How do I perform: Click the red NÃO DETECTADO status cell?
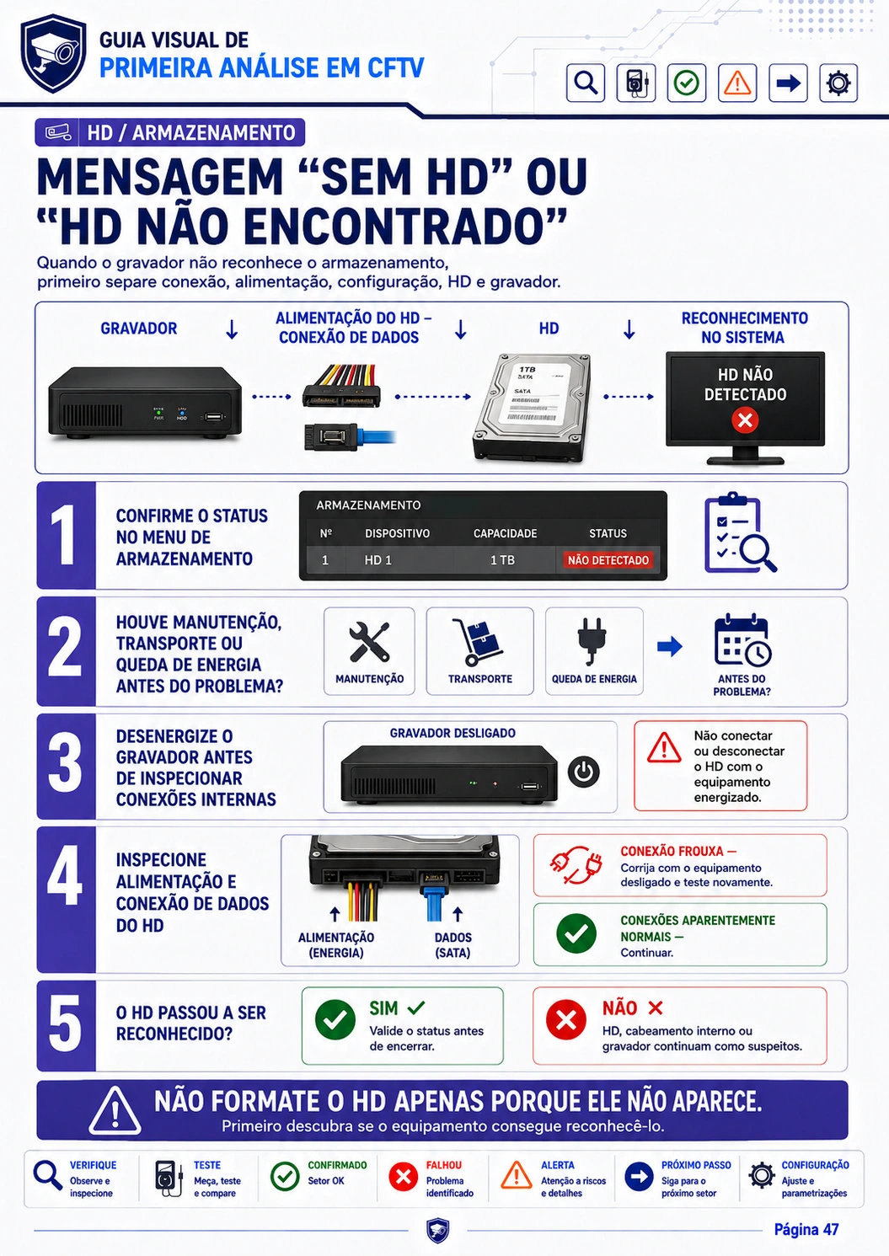pos(608,560)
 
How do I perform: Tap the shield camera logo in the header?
pos(54,53)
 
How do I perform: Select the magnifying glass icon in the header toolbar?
pos(586,83)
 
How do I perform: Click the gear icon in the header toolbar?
pos(838,83)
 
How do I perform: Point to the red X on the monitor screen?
pos(745,420)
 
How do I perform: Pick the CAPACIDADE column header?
pos(505,533)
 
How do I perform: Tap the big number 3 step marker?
pos(65,767)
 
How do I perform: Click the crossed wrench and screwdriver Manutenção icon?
pos(369,642)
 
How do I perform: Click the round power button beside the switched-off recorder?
pos(583,772)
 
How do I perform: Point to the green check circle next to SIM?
pos(335,1020)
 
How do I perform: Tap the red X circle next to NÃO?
pos(566,1020)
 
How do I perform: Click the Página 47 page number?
pos(806,1230)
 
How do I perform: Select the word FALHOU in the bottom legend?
pos(444,1165)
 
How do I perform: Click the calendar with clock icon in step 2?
pos(742,640)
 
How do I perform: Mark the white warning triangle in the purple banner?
pos(115,1111)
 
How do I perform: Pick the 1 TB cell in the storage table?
pos(502,560)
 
